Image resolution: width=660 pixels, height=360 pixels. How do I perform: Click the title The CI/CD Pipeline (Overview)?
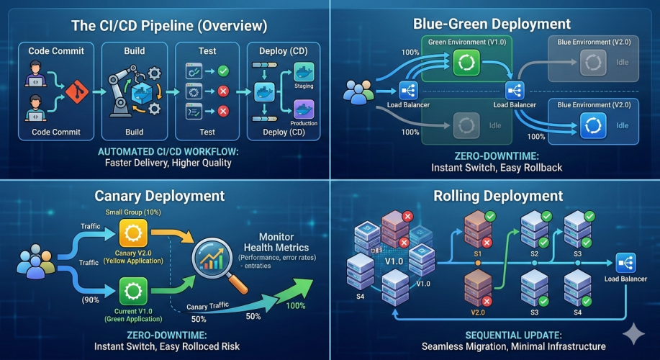[169, 26]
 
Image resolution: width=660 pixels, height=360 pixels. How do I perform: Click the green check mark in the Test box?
[223, 71]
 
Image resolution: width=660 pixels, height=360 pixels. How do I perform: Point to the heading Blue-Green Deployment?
[492, 23]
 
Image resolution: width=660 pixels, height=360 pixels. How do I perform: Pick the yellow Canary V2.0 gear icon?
[132, 233]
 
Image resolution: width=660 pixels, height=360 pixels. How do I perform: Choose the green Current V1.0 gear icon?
[132, 292]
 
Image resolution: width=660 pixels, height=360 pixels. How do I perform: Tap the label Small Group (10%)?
[133, 212]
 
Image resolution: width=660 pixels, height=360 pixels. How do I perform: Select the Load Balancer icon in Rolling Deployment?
[625, 263]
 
